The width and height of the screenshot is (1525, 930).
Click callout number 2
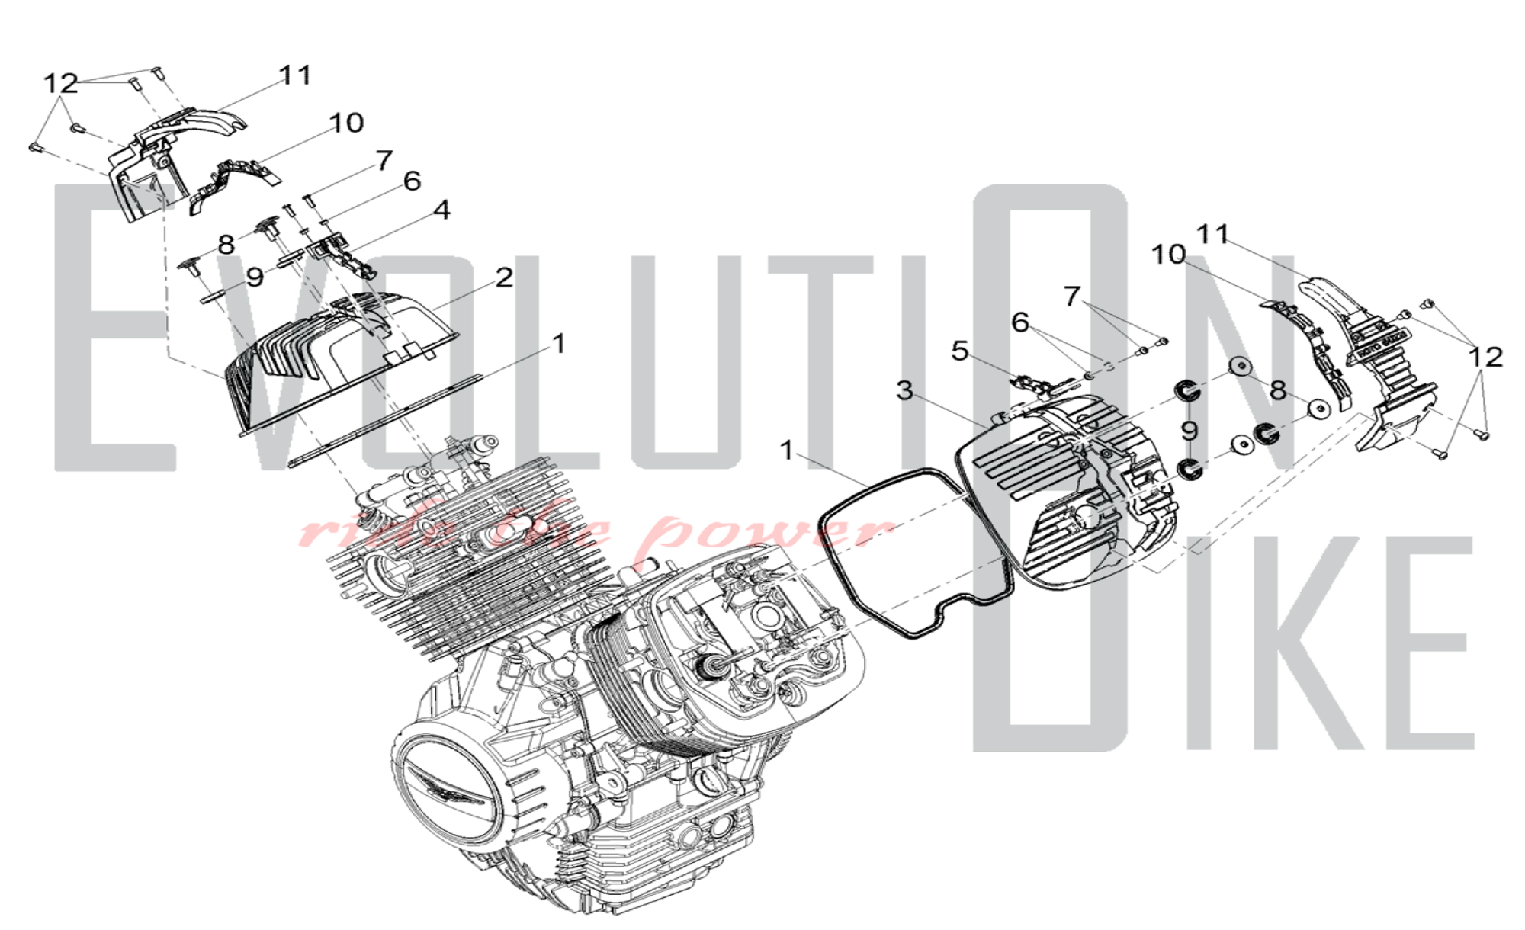pyautogui.click(x=504, y=277)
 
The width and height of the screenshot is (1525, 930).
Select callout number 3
pyautogui.click(x=904, y=391)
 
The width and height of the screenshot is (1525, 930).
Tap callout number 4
pyautogui.click(x=442, y=210)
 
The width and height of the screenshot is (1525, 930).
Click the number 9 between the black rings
pyautogui.click(x=1189, y=431)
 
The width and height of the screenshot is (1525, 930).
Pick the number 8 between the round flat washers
pyautogui.click(x=1278, y=391)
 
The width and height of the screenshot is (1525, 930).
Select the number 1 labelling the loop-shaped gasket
pyautogui.click(x=787, y=451)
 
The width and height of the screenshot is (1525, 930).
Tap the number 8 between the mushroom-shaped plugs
pyautogui.click(x=226, y=245)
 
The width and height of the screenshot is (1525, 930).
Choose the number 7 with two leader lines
pyautogui.click(x=1072, y=296)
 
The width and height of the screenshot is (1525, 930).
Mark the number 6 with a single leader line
pyautogui.click(x=412, y=181)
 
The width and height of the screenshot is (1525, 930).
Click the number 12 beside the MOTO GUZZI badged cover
pyautogui.click(x=1485, y=357)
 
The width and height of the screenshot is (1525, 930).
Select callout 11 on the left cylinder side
pyautogui.click(x=295, y=75)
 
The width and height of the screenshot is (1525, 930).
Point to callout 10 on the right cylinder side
pyautogui.click(x=1168, y=255)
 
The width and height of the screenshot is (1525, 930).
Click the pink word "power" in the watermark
pyautogui.click(x=770, y=531)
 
